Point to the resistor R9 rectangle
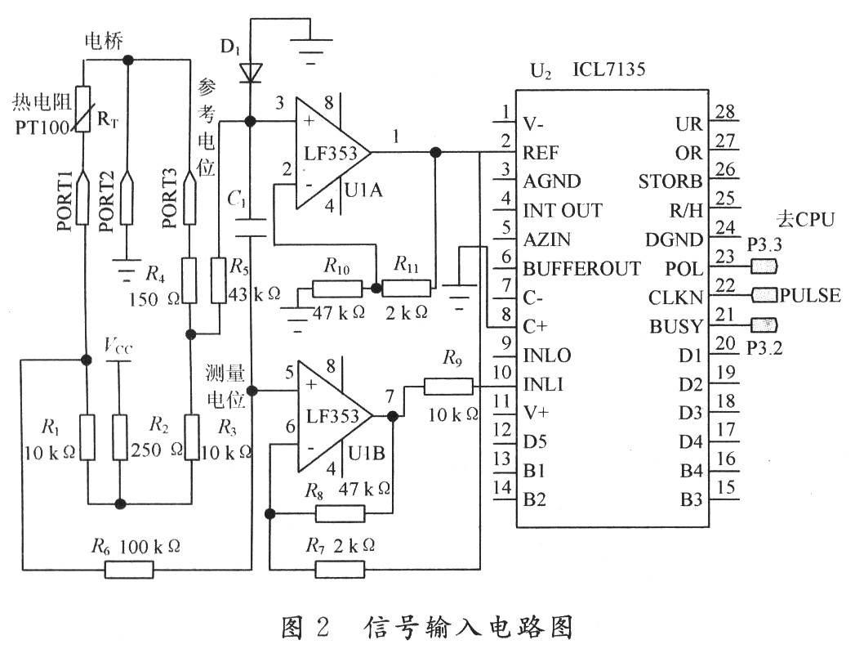448,386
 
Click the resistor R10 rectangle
336,289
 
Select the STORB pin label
670,181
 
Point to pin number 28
724,112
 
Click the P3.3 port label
764,244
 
